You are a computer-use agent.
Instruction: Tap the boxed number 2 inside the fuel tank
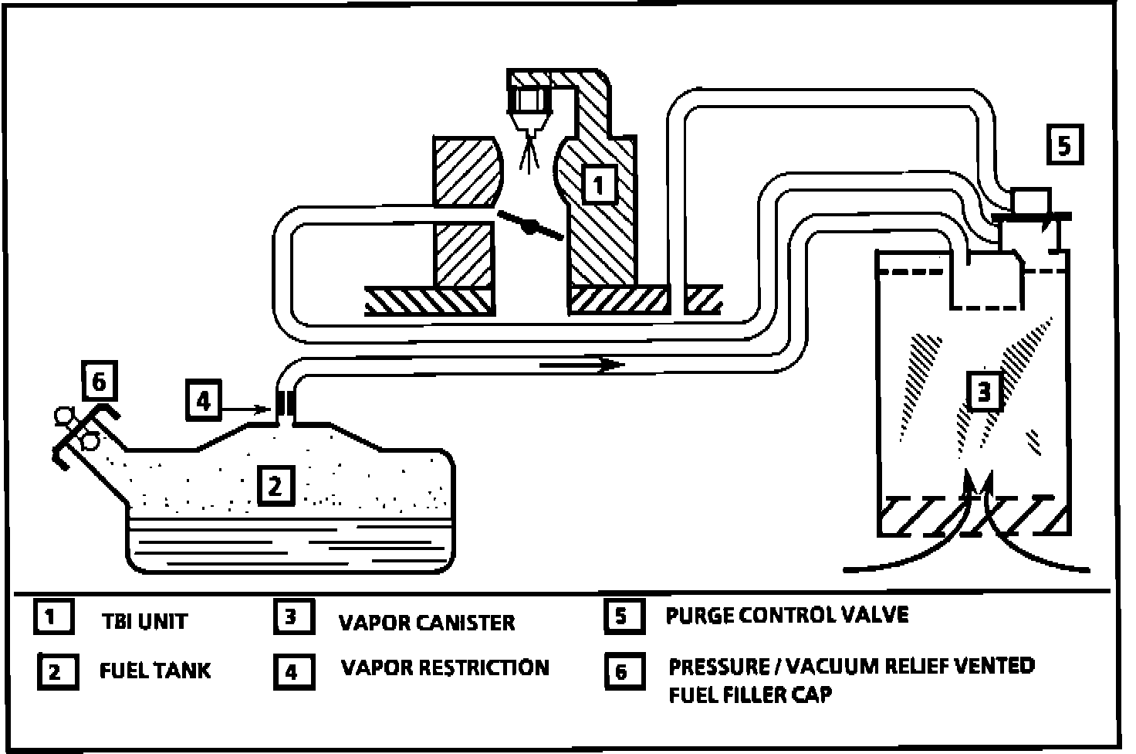pyautogui.click(x=276, y=484)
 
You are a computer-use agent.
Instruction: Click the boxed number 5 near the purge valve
pyautogui.click(x=1064, y=145)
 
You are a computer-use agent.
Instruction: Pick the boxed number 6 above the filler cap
pyautogui.click(x=98, y=382)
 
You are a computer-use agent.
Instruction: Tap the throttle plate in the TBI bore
pyautogui.click(x=530, y=226)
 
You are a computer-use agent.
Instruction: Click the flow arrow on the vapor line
pyautogui.click(x=583, y=364)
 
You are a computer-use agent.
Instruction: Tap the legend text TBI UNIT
pyautogui.click(x=144, y=621)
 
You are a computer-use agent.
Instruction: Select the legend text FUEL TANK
pyautogui.click(x=154, y=670)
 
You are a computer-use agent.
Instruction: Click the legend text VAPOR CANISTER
pyautogui.click(x=427, y=622)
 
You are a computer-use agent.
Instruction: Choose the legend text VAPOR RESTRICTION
pyautogui.click(x=445, y=667)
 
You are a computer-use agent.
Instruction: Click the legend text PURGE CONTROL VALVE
pyautogui.click(x=786, y=615)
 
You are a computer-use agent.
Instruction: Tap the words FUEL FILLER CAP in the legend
pyautogui.click(x=750, y=694)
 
